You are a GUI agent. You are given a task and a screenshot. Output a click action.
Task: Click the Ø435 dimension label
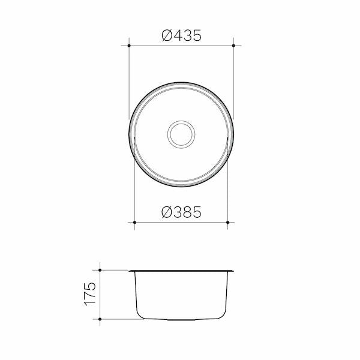click(181, 35)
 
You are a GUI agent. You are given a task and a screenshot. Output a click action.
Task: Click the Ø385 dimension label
click(181, 212)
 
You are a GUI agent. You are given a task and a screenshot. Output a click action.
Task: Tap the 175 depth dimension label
click(90, 294)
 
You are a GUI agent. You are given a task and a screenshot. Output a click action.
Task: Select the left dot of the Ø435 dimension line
click(129, 46)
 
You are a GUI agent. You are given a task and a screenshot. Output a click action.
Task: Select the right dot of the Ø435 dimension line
click(233, 46)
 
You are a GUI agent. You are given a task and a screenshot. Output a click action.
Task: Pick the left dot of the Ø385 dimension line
click(134, 222)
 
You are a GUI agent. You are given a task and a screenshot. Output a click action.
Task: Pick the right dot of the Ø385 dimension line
click(227, 222)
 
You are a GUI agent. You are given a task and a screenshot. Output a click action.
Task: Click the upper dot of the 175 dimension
click(100, 270)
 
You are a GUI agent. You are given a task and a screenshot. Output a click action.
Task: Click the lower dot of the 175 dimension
click(100, 319)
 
